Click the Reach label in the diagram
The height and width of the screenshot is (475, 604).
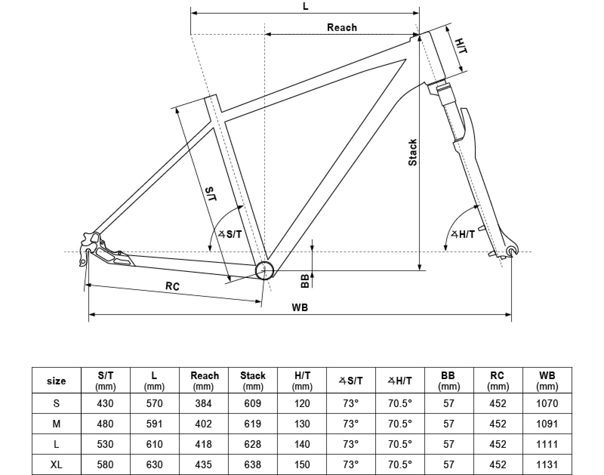coord(342,28)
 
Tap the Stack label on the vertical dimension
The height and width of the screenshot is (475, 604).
coord(413,152)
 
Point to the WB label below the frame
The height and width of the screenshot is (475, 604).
coord(300,307)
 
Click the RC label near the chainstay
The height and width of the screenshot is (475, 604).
coord(173,286)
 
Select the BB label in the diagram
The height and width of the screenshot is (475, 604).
coord(305,281)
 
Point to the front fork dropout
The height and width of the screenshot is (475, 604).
coord(512,251)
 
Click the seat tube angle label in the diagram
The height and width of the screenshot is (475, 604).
coord(231,234)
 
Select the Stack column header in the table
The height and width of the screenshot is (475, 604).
coord(253,380)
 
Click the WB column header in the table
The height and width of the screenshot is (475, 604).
coord(547,380)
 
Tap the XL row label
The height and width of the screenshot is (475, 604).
coord(56,464)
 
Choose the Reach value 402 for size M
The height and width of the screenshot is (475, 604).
coord(203,424)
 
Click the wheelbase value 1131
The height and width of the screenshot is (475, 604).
coord(547,464)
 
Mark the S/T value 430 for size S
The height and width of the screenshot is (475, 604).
coord(105,404)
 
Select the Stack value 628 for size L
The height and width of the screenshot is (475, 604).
coord(253,444)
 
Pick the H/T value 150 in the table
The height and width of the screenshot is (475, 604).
coord(302,464)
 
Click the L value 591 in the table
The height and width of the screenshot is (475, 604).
coord(154,424)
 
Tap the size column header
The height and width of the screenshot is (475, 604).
coord(56,381)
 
